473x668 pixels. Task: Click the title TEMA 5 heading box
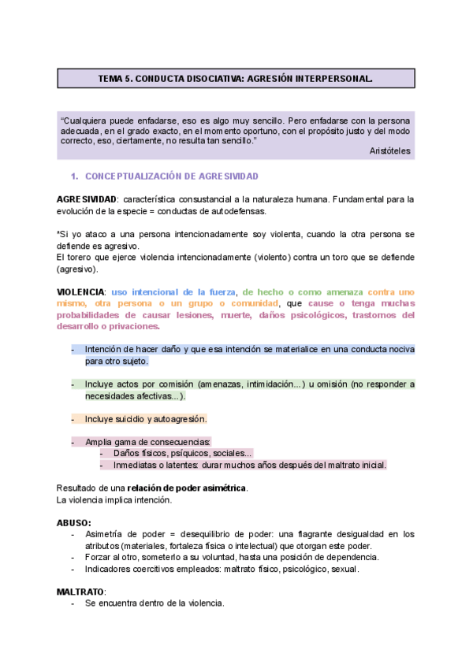[236, 79]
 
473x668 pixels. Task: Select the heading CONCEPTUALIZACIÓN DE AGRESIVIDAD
[172, 176]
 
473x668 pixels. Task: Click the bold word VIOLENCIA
[81, 291]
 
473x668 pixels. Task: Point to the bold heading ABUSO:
[73, 522]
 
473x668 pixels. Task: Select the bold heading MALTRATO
[80, 591]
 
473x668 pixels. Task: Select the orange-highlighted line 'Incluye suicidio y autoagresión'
[146, 419]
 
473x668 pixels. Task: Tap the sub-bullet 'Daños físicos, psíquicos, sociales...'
[182, 454]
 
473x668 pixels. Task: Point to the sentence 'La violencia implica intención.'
[114, 500]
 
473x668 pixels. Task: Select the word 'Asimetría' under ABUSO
[106, 534]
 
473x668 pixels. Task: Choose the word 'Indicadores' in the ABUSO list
[110, 569]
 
